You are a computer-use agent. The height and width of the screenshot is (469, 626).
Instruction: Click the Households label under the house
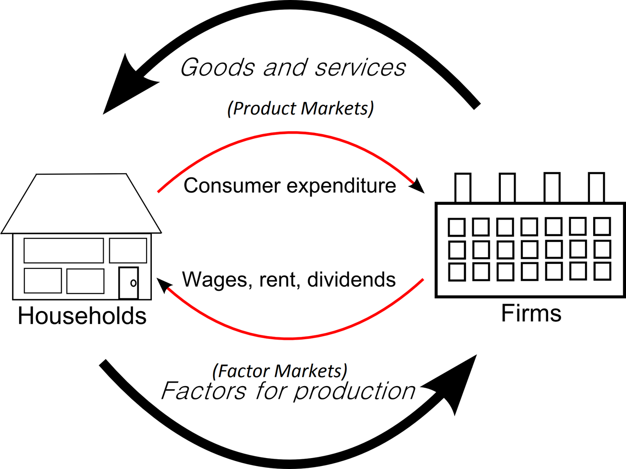click(x=82, y=316)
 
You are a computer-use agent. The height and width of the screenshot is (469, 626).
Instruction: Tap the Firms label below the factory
click(x=531, y=313)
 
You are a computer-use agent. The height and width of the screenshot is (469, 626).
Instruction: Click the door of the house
click(x=129, y=283)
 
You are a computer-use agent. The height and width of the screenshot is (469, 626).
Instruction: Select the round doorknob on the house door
click(x=133, y=283)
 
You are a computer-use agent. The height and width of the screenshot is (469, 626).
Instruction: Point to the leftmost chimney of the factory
click(x=462, y=188)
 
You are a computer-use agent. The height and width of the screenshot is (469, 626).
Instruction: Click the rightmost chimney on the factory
click(x=596, y=188)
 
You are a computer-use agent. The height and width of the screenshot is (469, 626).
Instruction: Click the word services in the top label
click(x=360, y=67)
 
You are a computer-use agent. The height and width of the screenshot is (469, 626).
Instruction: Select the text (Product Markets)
click(x=300, y=108)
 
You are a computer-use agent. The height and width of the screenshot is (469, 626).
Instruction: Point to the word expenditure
click(x=341, y=186)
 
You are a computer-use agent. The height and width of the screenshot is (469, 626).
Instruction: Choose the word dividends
click(x=351, y=280)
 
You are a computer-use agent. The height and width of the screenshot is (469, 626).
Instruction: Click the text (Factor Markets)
click(x=280, y=371)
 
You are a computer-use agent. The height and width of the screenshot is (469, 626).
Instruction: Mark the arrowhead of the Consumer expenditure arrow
click(x=418, y=186)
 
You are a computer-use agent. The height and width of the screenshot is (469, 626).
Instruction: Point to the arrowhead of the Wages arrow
click(x=164, y=285)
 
